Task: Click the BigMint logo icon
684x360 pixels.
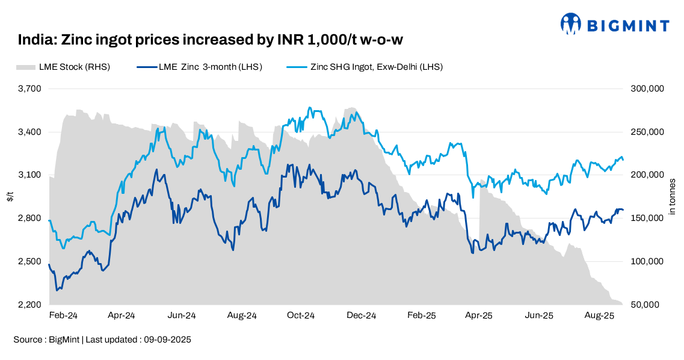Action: coord(571,24)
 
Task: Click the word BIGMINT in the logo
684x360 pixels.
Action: coord(627,26)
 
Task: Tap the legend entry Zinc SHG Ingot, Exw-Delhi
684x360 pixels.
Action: coord(376,67)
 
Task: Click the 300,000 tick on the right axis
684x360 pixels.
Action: coord(647,88)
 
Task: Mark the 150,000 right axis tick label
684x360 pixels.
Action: coord(647,219)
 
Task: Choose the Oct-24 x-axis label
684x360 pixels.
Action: coord(301,315)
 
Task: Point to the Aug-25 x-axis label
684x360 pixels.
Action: coord(599,315)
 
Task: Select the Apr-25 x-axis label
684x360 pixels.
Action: coord(479,315)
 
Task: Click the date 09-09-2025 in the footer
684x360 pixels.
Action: coord(167,340)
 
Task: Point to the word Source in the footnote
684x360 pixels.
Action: coord(28,340)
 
